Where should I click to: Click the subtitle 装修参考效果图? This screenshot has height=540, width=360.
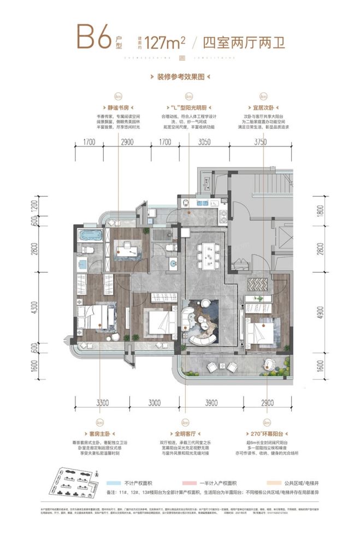point(180,78)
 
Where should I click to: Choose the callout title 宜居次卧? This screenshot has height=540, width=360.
point(263,108)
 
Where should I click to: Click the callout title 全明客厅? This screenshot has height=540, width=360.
point(187,436)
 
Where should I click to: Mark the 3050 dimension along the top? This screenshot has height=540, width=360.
point(203,143)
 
